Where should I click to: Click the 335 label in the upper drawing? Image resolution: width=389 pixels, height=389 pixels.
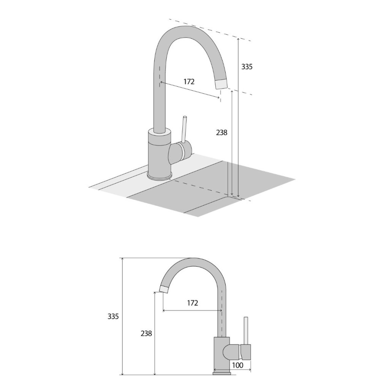point(247,67)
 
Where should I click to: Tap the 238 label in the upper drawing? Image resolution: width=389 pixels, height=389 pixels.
point(221,133)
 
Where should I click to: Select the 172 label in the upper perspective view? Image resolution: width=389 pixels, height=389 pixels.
point(189,81)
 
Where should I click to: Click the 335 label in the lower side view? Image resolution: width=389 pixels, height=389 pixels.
point(113,316)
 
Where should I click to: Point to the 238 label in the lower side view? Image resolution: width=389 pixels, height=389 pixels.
point(146,334)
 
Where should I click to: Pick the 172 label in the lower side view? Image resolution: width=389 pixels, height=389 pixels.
point(193,303)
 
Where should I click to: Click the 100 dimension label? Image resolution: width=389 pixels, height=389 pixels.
point(237,365)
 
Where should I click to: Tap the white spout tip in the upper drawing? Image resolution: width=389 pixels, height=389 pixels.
point(221,84)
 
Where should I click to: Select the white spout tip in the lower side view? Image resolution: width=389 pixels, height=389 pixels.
point(164,288)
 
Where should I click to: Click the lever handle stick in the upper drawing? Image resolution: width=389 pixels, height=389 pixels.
point(185,129)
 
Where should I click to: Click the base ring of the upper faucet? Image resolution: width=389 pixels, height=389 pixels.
point(160,176)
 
